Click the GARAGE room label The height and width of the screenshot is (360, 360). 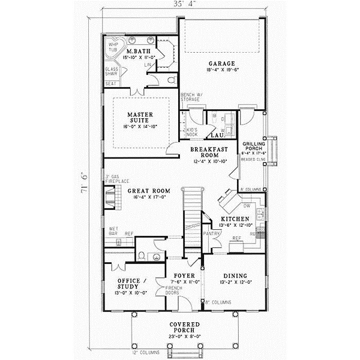pos(222,63)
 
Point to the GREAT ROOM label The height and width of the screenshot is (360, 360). pos(149,191)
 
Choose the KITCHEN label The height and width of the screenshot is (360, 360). pos(235,219)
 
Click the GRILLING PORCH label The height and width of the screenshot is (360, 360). pos(254,148)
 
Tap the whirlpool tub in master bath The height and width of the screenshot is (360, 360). pos(113,48)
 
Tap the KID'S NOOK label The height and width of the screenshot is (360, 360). pos(192,131)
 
